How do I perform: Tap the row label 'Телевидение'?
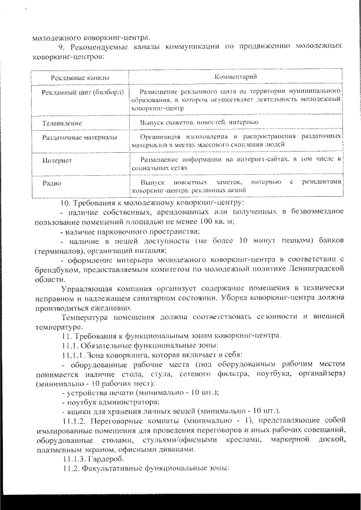(62, 122)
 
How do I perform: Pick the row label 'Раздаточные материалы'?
(80, 137)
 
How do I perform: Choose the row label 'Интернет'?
(57, 161)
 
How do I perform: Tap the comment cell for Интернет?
(237, 164)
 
